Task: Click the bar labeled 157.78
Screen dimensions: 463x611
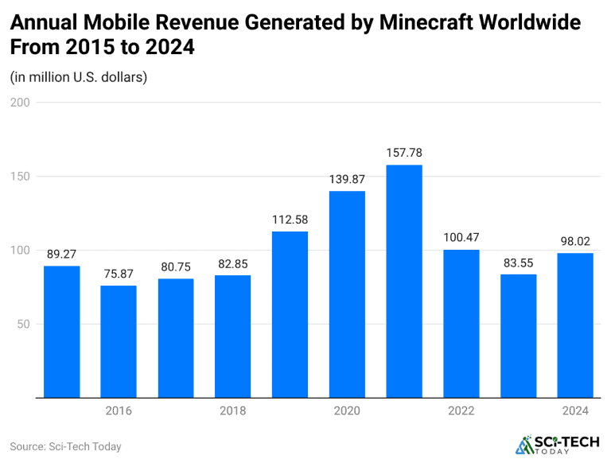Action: [404, 281]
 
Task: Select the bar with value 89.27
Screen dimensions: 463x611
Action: [62, 331]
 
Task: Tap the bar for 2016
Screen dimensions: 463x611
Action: [119, 341]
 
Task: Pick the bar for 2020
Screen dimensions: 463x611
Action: [347, 294]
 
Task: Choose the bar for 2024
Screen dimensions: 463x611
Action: [575, 325]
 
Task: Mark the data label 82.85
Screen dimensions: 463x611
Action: [233, 264]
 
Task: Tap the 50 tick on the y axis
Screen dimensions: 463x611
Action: [23, 324]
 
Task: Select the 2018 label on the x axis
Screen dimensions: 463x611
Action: [233, 410]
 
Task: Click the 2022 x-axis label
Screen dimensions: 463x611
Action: [461, 410]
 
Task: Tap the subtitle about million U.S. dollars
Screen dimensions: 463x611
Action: [79, 77]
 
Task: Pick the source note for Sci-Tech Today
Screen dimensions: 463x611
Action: [66, 446]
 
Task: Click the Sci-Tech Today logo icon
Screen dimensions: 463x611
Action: [525, 445]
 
